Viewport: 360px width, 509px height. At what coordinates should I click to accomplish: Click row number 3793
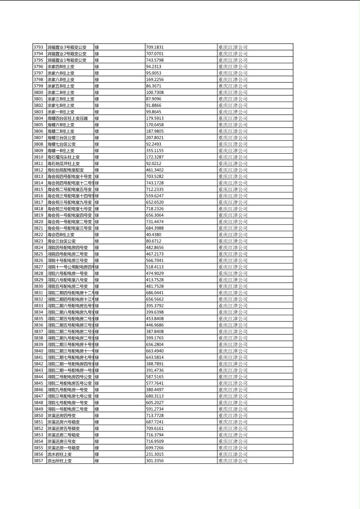(38, 47)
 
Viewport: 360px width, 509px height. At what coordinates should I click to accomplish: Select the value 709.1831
(155, 47)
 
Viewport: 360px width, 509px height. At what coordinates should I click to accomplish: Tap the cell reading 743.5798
(155, 60)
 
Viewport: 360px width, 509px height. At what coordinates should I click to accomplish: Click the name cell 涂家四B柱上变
(61, 67)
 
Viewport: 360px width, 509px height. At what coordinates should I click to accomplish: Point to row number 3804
(38, 118)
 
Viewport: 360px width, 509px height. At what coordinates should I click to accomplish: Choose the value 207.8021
(155, 138)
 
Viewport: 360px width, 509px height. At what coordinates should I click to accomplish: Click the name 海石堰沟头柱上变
(63, 157)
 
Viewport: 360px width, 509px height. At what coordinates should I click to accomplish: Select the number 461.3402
(155, 170)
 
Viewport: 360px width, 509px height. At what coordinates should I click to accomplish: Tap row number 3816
(38, 196)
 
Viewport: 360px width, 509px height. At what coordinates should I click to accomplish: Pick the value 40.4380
(153, 234)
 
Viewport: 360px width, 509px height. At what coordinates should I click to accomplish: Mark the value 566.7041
(155, 260)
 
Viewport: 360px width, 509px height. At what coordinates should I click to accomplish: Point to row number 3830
(38, 286)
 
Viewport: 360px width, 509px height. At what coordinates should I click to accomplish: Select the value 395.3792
(155, 305)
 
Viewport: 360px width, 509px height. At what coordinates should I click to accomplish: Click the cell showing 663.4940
(155, 350)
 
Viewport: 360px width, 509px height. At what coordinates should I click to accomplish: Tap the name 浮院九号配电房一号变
(67, 390)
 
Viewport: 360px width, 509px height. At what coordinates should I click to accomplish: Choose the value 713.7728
(155, 415)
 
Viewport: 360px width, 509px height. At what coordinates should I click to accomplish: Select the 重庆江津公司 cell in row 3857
(233, 461)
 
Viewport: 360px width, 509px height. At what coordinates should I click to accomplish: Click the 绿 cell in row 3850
(97, 415)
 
